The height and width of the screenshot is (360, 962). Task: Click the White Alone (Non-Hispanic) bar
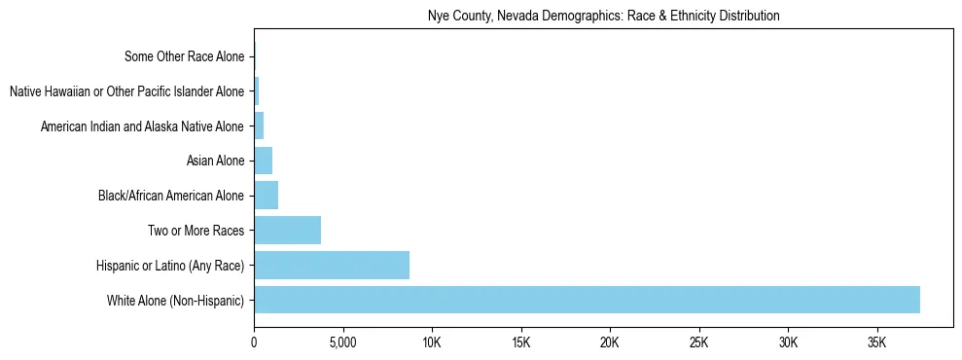[x=587, y=300]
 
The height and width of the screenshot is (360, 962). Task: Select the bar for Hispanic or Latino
[x=332, y=265]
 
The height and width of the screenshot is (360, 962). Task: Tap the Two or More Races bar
[x=287, y=231]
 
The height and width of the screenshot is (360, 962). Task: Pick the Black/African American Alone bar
[x=267, y=196]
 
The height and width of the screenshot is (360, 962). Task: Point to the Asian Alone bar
[x=264, y=161]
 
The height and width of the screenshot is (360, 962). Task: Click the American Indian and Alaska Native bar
[x=259, y=126]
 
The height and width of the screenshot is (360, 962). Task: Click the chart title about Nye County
[x=603, y=17]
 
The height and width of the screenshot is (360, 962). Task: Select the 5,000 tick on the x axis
[x=342, y=343]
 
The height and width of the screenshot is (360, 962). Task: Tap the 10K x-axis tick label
[x=432, y=343]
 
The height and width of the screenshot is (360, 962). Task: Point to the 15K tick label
[x=520, y=343]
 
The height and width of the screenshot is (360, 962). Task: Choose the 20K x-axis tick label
[x=610, y=343]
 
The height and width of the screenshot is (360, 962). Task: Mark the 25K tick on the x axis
[x=699, y=343]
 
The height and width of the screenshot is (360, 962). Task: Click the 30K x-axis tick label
[x=788, y=343]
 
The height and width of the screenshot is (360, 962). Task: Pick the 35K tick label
[x=877, y=343]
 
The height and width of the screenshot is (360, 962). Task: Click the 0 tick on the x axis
[x=254, y=343]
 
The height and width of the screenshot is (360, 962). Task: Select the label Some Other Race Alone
[x=184, y=57]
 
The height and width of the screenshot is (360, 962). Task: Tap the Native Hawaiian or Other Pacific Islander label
[x=126, y=91]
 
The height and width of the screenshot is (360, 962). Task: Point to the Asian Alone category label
[x=215, y=161]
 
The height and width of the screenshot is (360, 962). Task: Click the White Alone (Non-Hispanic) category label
[x=175, y=300]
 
